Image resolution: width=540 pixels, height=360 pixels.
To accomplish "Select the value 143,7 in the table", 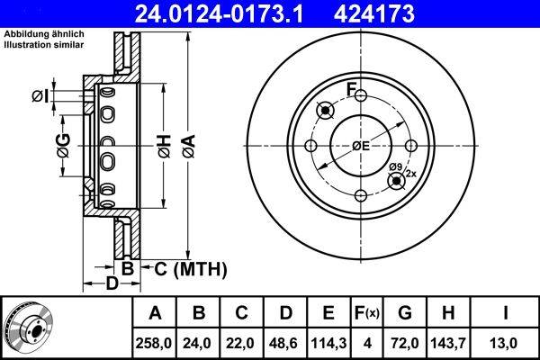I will point(450,342).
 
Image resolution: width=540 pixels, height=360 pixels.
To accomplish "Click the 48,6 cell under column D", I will point(285,342).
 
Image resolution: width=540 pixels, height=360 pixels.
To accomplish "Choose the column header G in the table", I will point(406,313).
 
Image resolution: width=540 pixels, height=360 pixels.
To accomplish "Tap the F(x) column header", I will point(369,313).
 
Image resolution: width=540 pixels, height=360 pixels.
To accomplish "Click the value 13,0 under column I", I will point(506,342).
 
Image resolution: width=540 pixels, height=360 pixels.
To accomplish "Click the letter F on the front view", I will point(353,89).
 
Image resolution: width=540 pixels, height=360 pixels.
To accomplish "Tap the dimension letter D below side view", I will point(112,284).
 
